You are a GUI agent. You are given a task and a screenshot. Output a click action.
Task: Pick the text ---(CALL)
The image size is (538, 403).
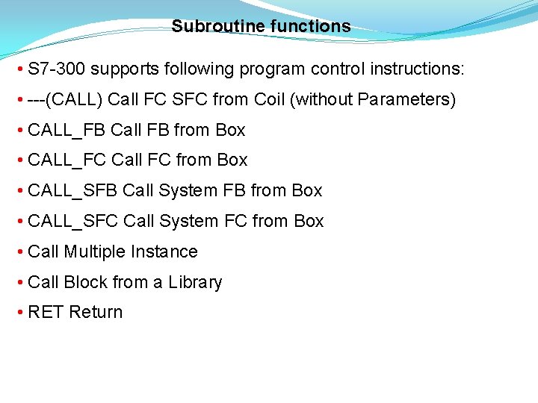(x=66, y=100)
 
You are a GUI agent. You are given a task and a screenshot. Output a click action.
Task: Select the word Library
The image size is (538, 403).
(x=195, y=282)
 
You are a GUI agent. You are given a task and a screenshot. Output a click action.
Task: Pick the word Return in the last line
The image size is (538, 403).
(x=96, y=312)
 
